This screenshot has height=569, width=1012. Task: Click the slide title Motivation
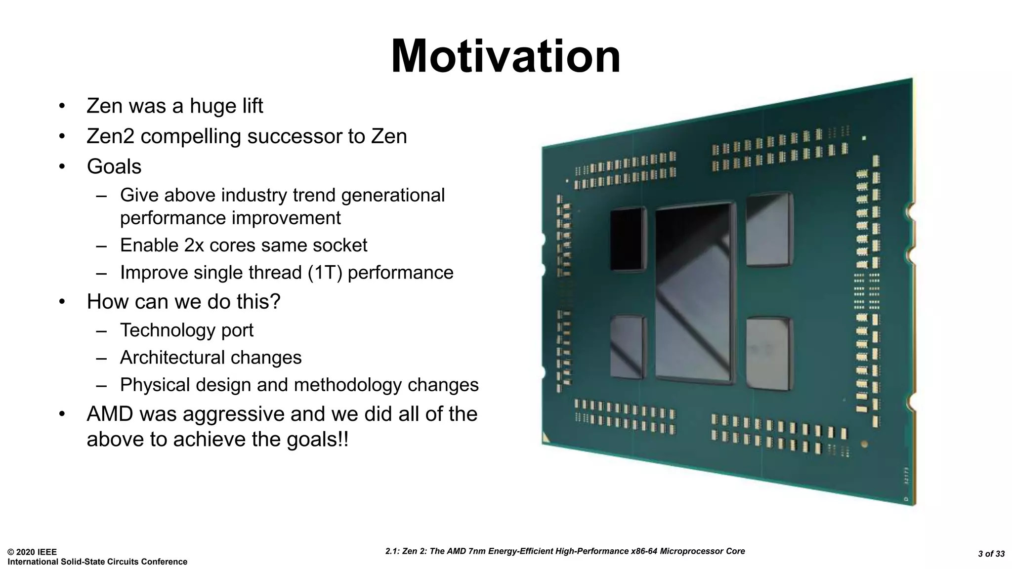tap(505, 57)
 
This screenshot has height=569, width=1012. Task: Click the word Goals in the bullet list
tap(114, 166)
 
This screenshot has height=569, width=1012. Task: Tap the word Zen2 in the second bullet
tap(110, 136)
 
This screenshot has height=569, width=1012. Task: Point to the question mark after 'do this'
tap(275, 302)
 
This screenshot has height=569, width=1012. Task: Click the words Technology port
tap(186, 330)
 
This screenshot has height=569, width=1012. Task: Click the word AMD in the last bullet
tap(110, 414)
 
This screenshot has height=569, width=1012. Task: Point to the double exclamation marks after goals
tap(343, 439)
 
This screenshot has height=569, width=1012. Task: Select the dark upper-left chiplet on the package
tap(628, 239)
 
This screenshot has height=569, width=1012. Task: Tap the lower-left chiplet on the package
tap(628, 347)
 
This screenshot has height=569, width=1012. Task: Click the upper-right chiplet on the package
tap(769, 230)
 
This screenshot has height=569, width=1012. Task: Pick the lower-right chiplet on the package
tap(769, 353)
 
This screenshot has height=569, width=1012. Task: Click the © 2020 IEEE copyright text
tap(32, 552)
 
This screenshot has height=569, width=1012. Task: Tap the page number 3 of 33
tap(991, 554)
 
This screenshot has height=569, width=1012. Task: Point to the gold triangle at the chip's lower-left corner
tap(547, 438)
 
